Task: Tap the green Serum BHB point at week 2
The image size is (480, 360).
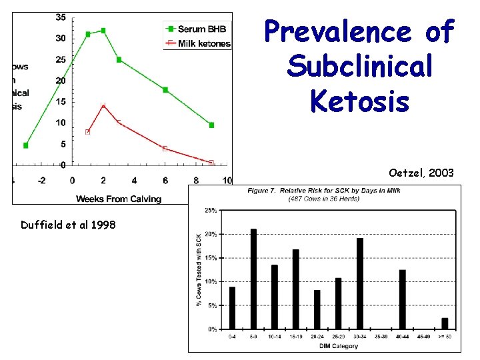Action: tap(103, 31)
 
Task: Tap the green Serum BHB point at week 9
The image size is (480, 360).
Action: tap(211, 125)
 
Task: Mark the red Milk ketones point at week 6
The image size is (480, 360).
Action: tap(165, 148)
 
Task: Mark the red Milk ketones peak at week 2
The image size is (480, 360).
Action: tap(103, 105)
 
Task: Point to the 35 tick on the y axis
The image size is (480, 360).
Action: tap(61, 17)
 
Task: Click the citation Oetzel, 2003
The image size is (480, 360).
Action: tap(421, 173)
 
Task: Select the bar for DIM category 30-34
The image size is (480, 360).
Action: tap(360, 283)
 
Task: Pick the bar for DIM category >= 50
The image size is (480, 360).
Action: tap(445, 323)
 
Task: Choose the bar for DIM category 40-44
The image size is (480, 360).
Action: tap(403, 299)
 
